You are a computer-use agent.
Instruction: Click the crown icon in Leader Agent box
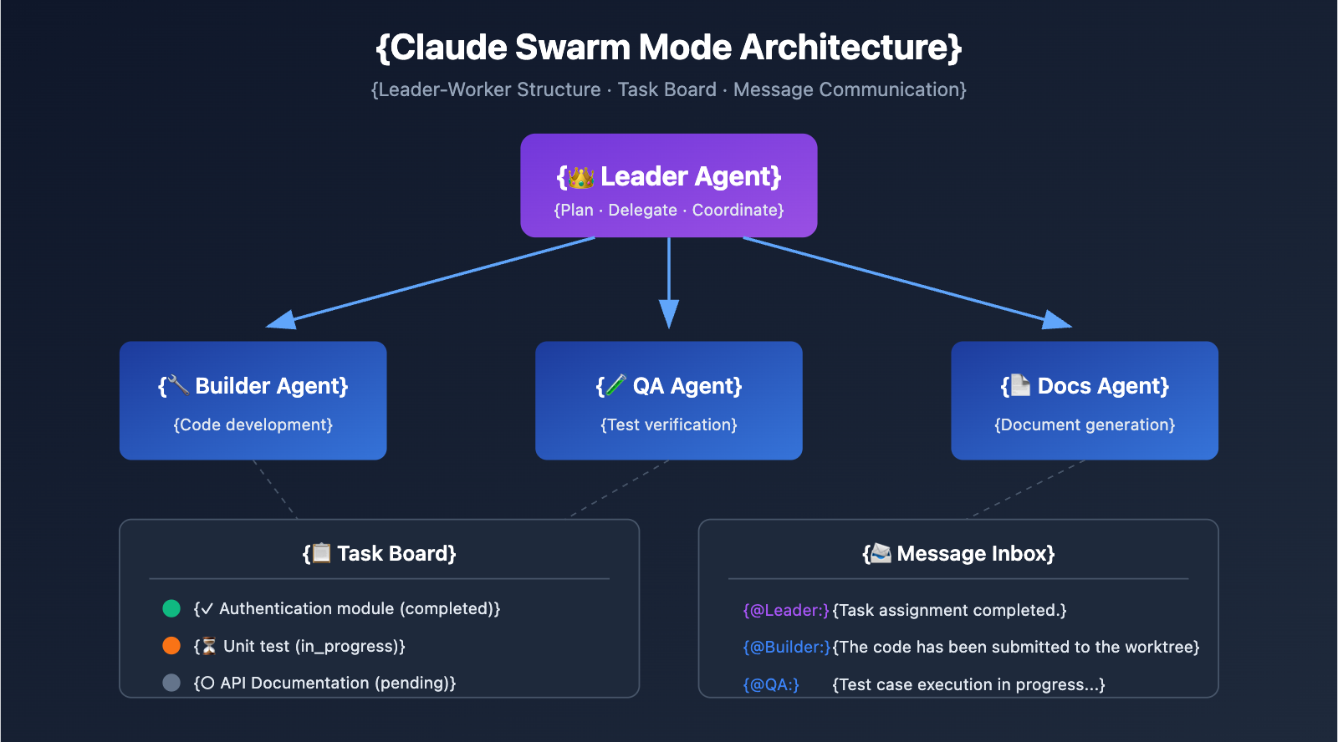pyautogui.click(x=580, y=177)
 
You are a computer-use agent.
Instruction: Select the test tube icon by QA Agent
pyautogui.click(x=616, y=385)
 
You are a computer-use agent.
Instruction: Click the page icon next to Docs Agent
pyautogui.click(x=1020, y=385)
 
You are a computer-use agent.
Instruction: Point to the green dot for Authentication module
pyautogui.click(x=171, y=608)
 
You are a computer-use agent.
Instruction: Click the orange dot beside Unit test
pyautogui.click(x=171, y=646)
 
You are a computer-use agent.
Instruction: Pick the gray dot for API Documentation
pyautogui.click(x=171, y=683)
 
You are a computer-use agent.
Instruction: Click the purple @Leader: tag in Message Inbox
pyautogui.click(x=786, y=611)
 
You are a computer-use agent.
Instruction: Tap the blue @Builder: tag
pyautogui.click(x=786, y=648)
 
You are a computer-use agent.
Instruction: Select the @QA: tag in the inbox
pyautogui.click(x=771, y=685)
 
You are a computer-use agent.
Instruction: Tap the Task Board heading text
pyautogui.click(x=396, y=554)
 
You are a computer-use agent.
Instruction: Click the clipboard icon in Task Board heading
pyautogui.click(x=321, y=553)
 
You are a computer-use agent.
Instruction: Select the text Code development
pyautogui.click(x=253, y=425)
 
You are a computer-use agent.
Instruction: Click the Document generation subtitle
pyautogui.click(x=1085, y=425)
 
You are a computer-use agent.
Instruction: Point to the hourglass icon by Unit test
pyautogui.click(x=209, y=647)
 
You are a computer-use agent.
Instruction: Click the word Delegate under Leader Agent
pyautogui.click(x=642, y=211)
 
